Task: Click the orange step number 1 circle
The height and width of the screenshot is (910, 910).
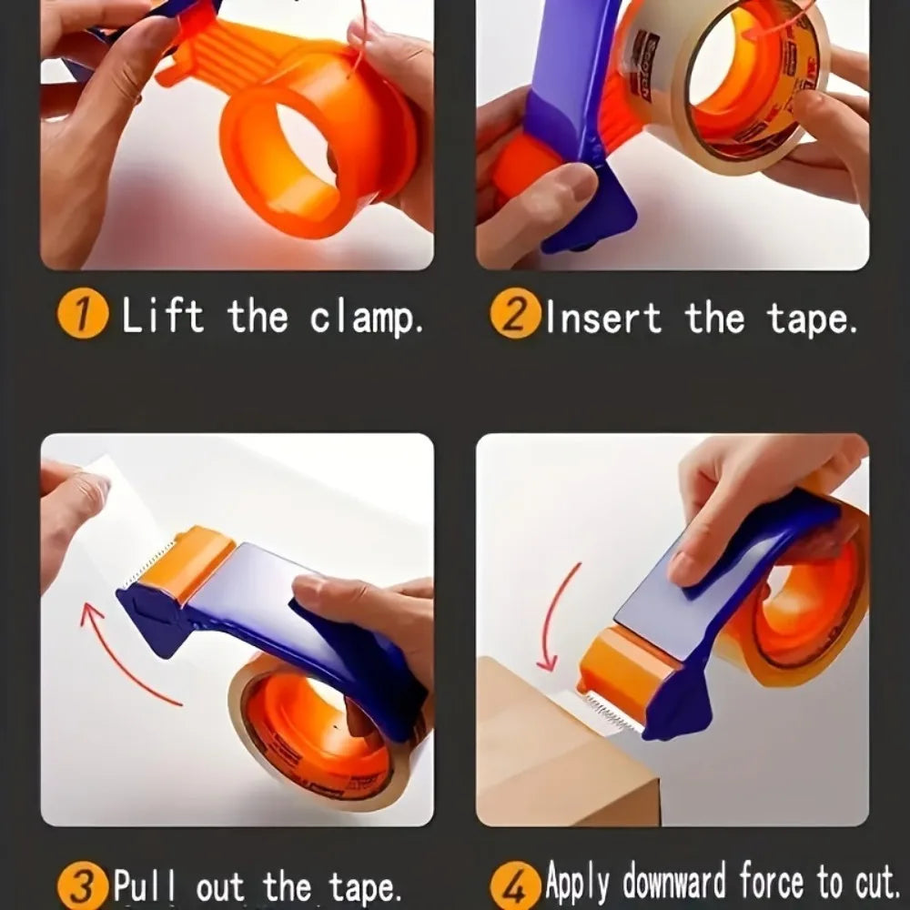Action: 83,317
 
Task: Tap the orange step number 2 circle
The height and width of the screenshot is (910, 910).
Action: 513,317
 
